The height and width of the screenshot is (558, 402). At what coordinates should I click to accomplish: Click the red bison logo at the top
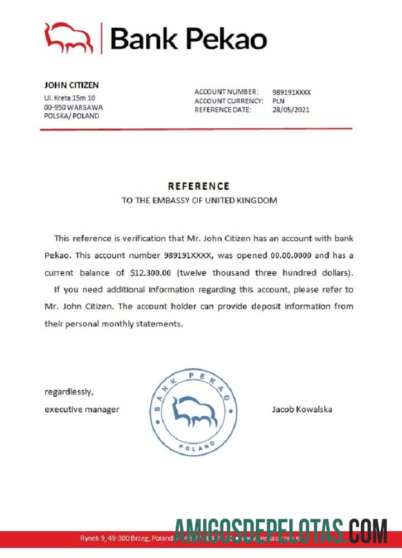pos(69,38)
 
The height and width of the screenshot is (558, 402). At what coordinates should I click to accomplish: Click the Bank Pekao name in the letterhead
pos(188,39)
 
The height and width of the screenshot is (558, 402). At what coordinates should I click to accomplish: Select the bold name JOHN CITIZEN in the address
pos(71,85)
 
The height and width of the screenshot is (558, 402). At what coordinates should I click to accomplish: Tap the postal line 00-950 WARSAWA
pos(73,107)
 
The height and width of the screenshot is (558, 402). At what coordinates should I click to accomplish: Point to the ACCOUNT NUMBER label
pos(226,92)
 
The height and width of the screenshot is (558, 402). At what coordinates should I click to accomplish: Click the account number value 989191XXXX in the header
pos(291,92)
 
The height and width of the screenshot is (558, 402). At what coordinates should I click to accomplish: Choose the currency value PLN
pos(278,101)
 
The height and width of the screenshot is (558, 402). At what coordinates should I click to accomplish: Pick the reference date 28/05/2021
pos(290,110)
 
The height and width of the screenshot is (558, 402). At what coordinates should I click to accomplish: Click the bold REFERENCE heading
pos(199,186)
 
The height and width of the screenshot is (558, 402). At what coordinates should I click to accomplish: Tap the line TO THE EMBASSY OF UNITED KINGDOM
pos(199,200)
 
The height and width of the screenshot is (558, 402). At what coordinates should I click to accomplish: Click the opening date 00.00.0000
pos(302,256)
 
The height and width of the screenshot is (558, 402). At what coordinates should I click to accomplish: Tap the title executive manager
pos(82,409)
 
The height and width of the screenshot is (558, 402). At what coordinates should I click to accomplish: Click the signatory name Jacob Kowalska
pos(302,409)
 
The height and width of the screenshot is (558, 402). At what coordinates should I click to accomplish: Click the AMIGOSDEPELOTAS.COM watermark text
pos(281,531)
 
